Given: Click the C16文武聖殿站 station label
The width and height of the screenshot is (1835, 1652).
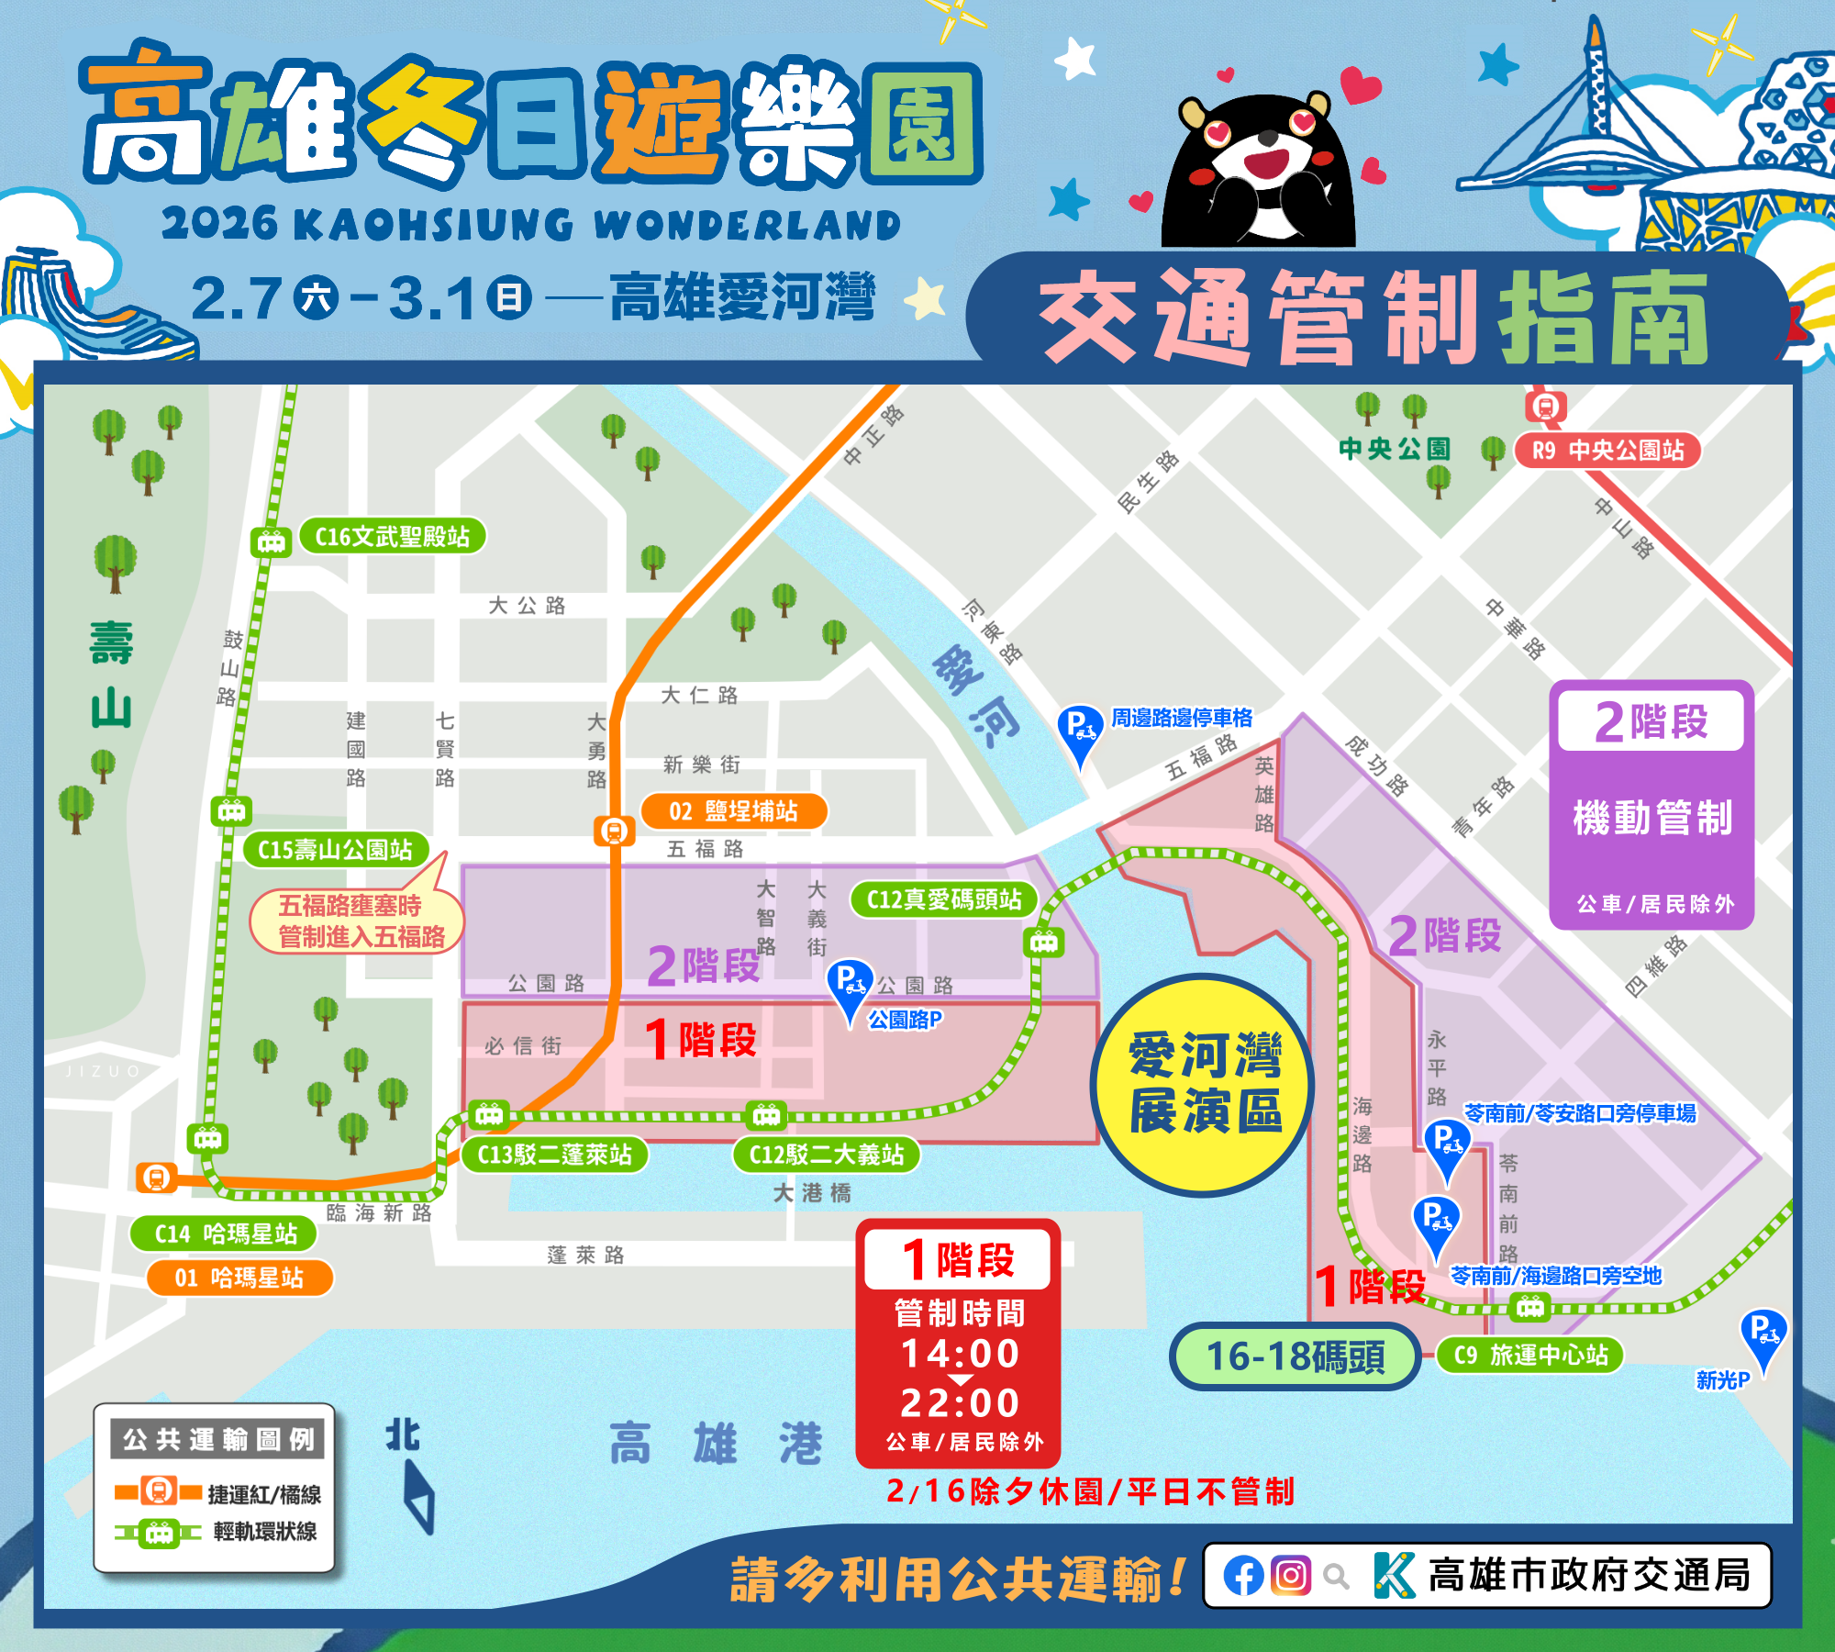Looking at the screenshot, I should [392, 537].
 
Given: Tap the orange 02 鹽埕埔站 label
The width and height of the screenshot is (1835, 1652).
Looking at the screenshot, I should [733, 811].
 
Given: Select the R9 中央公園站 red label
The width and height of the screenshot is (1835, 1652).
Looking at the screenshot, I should [1607, 451].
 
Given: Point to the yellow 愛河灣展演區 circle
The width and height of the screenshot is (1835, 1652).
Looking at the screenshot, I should [1203, 1085].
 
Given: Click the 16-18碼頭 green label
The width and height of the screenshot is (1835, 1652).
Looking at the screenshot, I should [1295, 1356].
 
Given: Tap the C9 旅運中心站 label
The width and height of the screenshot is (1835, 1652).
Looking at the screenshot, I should [1530, 1356].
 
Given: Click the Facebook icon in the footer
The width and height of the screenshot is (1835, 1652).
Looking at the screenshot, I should [1243, 1577].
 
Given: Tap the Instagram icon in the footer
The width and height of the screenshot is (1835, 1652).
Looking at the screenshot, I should [1291, 1577].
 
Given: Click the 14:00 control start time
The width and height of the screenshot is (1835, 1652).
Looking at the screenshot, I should [960, 1354].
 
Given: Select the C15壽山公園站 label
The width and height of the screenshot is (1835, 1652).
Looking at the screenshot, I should [335, 850].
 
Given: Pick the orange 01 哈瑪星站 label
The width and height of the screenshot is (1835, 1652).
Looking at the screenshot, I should [239, 1278].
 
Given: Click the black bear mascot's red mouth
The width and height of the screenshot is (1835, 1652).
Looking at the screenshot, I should [1266, 165].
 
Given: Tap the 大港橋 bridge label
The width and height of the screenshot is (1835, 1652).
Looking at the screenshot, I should [812, 1193].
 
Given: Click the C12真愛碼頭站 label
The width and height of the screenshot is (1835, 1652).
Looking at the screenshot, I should [944, 899].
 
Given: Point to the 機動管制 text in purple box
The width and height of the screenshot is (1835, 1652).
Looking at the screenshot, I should [1652, 818].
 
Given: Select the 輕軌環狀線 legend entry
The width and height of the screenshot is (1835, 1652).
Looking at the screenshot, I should [264, 1532].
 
